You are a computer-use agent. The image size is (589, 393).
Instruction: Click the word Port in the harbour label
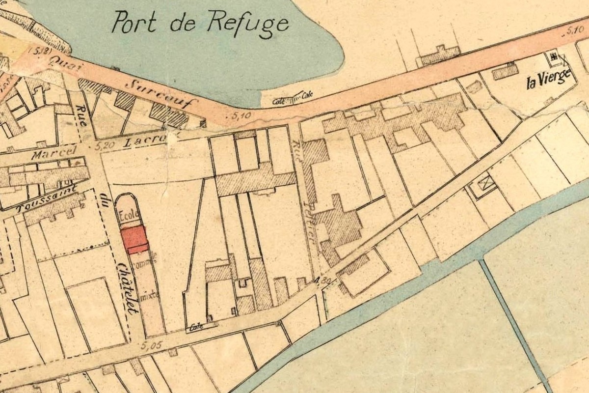click(134, 22)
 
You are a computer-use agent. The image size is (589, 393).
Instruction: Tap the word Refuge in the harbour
click(247, 23)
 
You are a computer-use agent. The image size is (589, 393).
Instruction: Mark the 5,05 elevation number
click(153, 346)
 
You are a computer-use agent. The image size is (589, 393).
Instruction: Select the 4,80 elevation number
click(322, 281)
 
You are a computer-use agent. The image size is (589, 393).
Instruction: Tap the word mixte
click(148, 297)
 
